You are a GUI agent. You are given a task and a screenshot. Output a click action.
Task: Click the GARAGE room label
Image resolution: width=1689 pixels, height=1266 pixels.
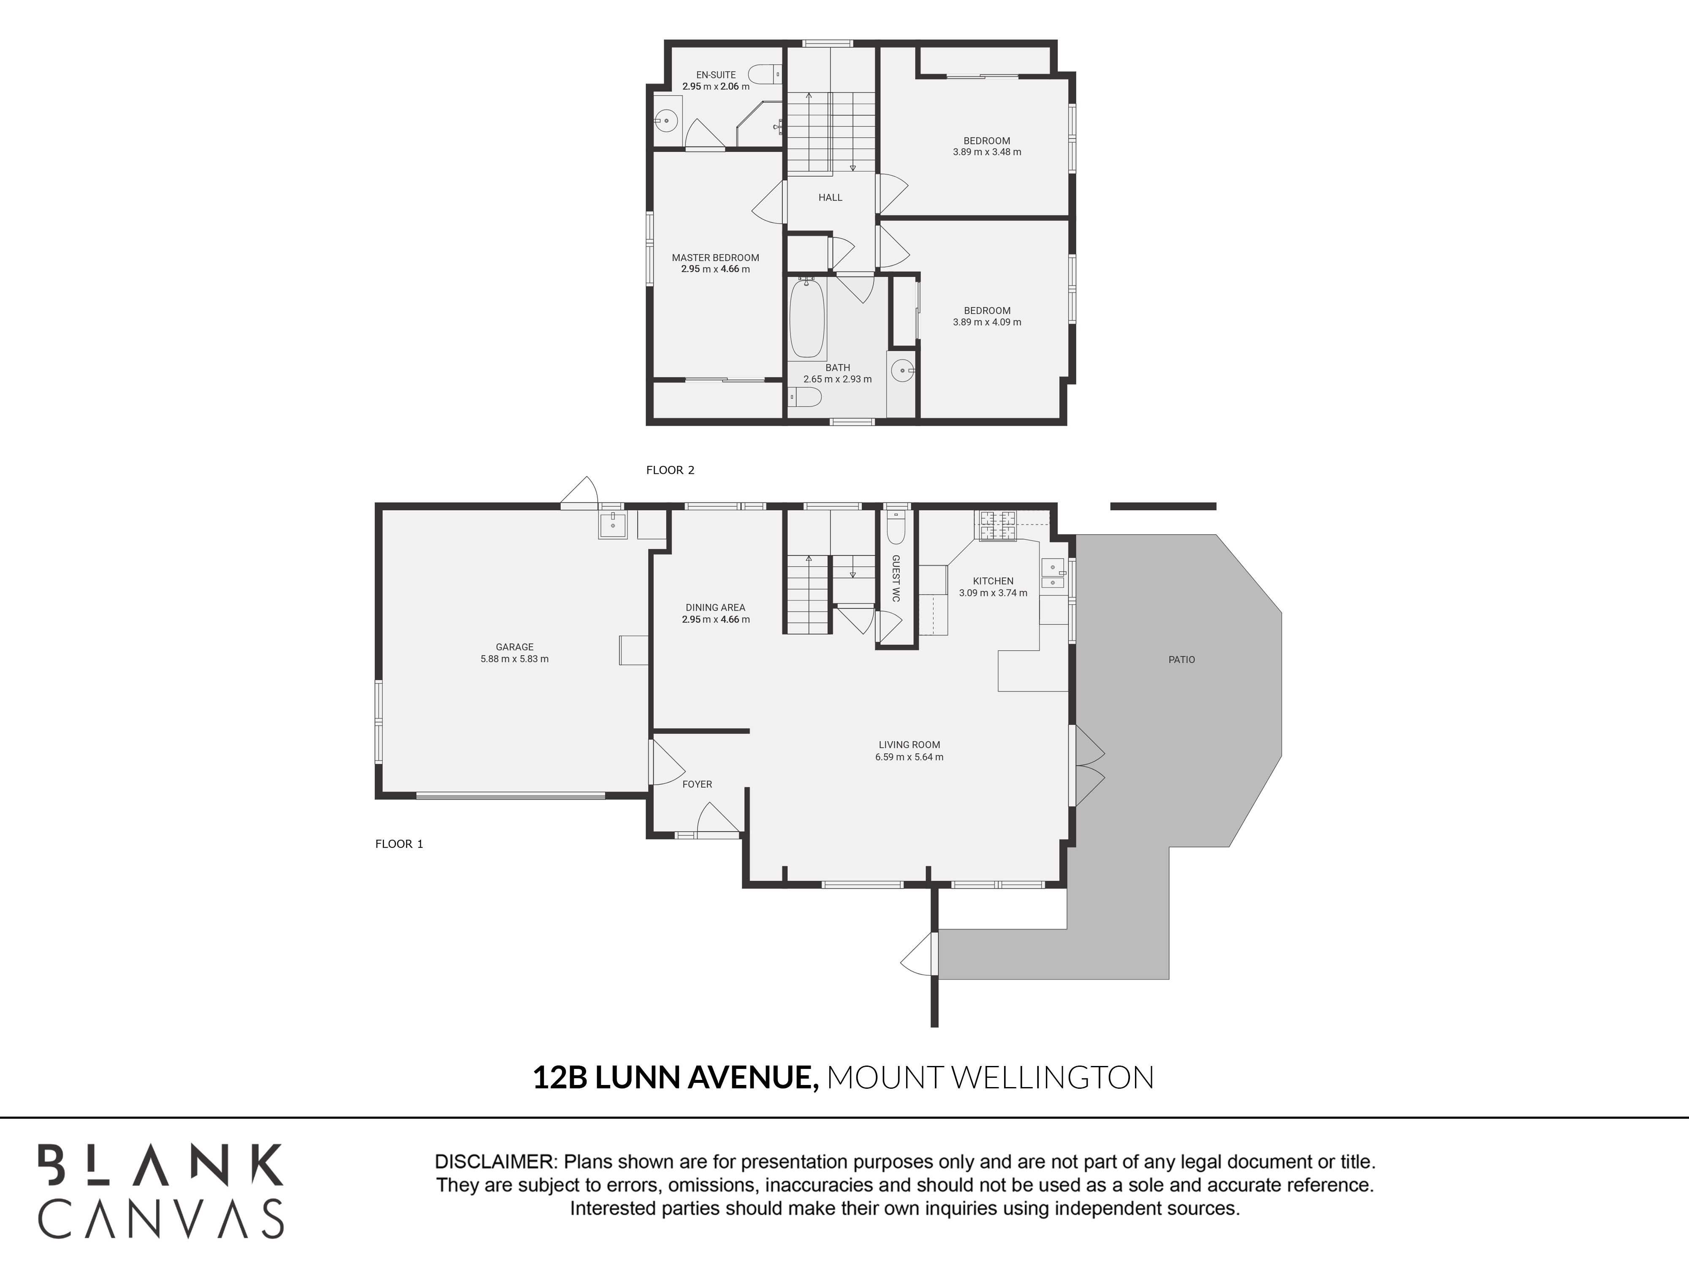[x=515, y=647]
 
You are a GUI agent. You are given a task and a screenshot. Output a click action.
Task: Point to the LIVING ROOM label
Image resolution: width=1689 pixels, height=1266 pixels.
[x=910, y=745]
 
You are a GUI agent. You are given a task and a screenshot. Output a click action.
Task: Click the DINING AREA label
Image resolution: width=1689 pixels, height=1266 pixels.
[x=715, y=607]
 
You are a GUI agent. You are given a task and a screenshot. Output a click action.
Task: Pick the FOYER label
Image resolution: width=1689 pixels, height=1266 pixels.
[x=697, y=784]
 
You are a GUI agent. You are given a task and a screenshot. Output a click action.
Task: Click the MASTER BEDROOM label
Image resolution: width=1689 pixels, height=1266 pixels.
[x=715, y=257]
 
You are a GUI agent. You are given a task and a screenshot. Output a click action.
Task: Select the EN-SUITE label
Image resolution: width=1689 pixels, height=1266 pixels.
[x=716, y=75]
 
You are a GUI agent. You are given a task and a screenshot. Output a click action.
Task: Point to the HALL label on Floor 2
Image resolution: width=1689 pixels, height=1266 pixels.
[x=830, y=197]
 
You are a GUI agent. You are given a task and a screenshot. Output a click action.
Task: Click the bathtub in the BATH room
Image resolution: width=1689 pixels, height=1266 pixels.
[x=807, y=318]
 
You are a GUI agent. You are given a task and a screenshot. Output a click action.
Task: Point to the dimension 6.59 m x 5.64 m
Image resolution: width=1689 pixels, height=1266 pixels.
[x=910, y=757]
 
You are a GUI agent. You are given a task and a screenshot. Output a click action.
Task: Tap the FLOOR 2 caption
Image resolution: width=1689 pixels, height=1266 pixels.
[x=671, y=470]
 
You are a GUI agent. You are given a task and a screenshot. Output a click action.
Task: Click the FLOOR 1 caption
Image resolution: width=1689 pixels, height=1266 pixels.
[x=399, y=844]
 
